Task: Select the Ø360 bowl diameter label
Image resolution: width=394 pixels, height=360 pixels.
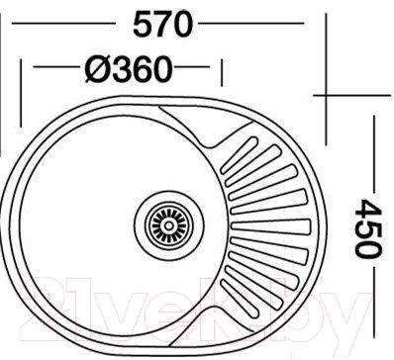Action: pyautogui.click(x=129, y=69)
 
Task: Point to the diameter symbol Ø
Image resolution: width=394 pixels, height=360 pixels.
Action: pyautogui.click(x=97, y=69)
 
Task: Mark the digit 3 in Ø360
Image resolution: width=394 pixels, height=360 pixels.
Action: pyautogui.click(x=121, y=69)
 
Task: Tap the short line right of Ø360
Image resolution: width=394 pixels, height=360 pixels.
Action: pyautogui.click(x=198, y=69)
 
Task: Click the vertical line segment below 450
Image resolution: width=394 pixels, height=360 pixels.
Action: pyautogui.click(x=372, y=307)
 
